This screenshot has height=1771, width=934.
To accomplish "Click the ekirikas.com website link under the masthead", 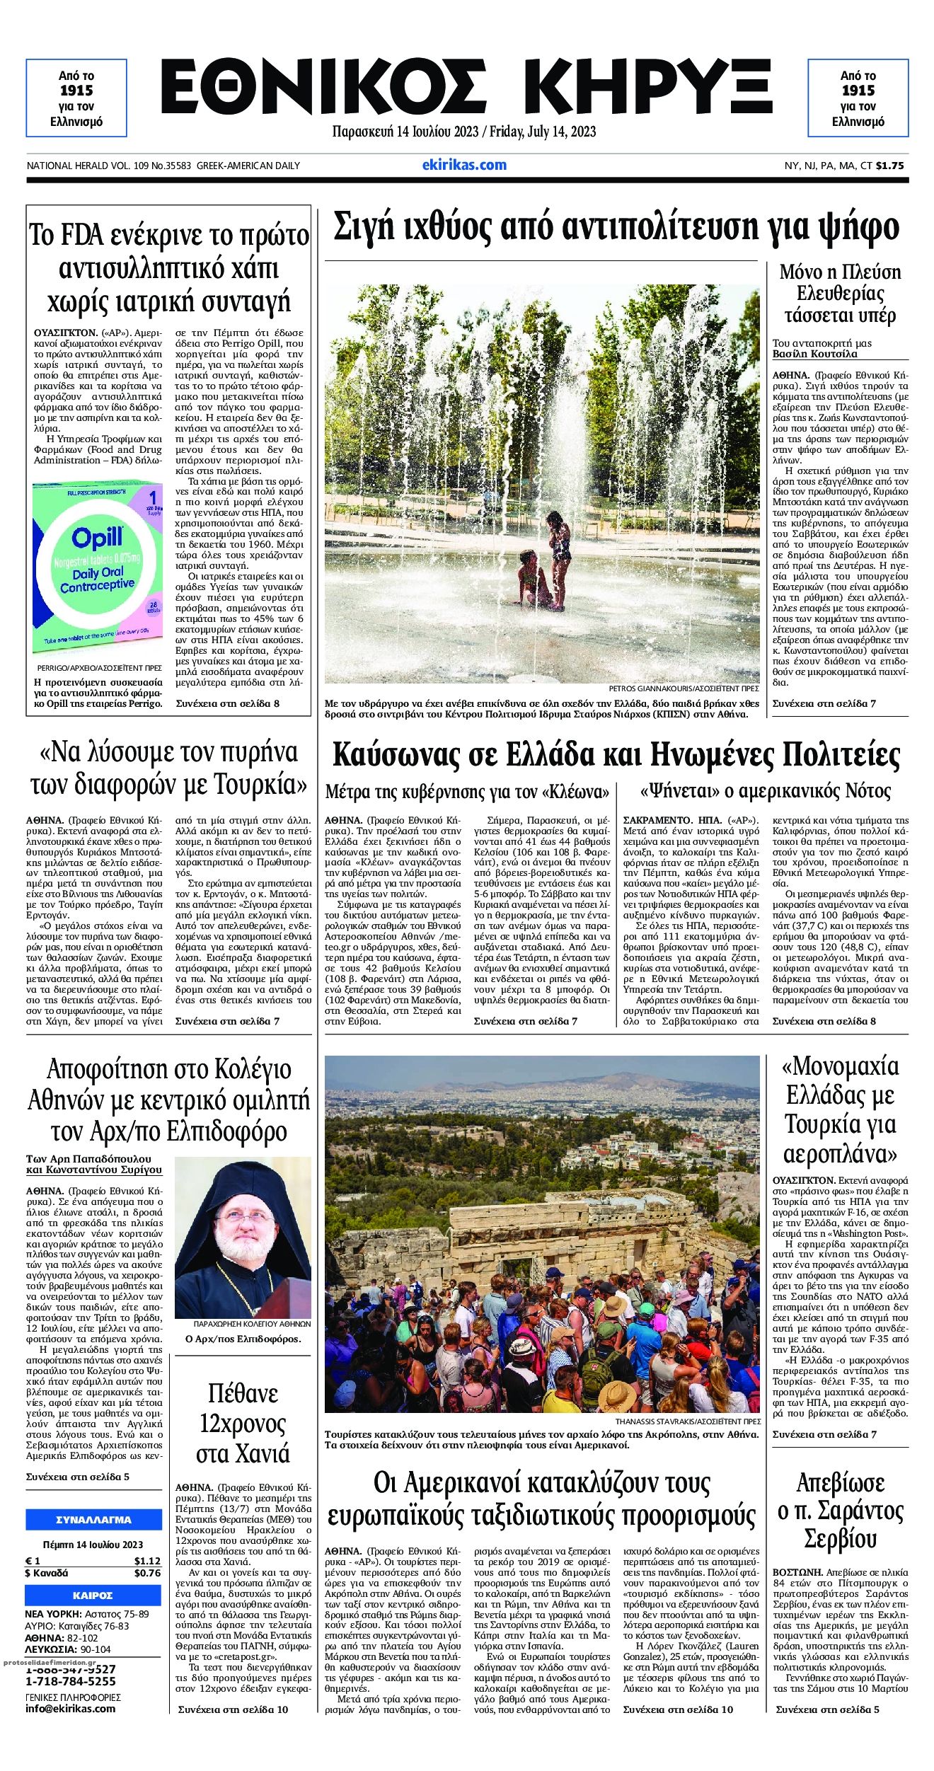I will (464, 165).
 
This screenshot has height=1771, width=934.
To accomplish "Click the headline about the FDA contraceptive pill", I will (169, 268).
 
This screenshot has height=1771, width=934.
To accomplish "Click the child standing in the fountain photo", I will (560, 559).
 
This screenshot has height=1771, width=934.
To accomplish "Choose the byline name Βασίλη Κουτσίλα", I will (814, 354).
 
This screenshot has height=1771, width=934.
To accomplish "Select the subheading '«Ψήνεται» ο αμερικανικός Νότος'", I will (765, 790).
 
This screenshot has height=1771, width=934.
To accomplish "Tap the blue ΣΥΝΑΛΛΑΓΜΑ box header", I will (93, 1519).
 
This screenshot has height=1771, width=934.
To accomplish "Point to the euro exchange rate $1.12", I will (147, 1561).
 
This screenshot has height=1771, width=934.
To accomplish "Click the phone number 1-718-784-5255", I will (71, 1680).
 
